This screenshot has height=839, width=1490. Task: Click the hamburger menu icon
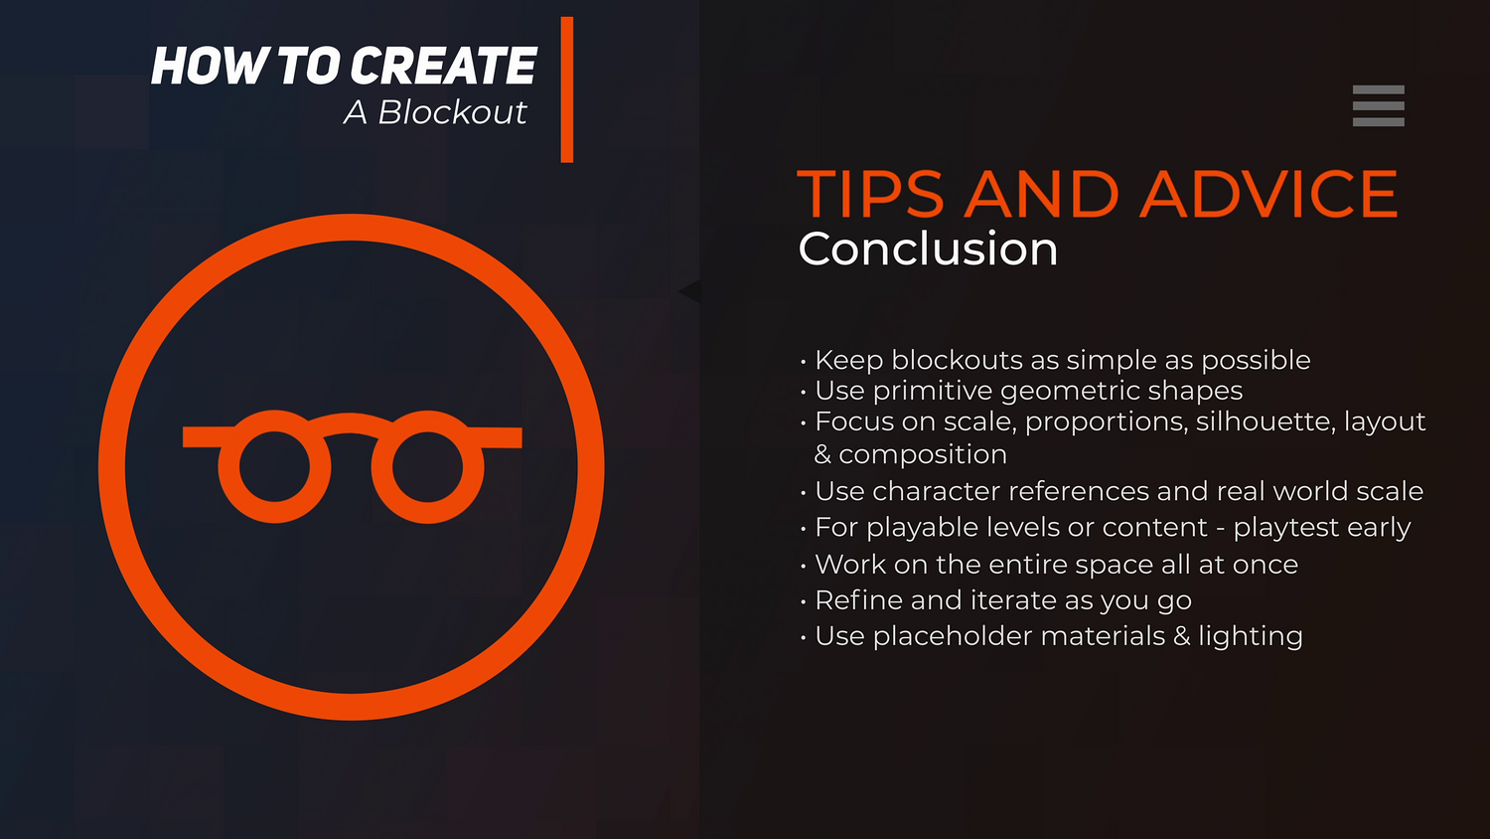(1379, 106)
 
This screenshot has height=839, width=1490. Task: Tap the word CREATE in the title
(443, 66)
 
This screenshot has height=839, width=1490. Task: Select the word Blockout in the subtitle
(452, 112)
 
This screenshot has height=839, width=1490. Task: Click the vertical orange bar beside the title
(567, 89)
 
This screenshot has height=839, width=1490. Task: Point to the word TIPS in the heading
(870, 194)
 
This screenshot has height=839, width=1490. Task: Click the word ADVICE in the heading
(1268, 194)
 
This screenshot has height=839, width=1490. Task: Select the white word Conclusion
(928, 250)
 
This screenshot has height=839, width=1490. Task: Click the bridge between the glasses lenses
(351, 422)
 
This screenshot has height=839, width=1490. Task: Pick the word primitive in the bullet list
(933, 392)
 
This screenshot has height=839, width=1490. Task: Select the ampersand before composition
(822, 454)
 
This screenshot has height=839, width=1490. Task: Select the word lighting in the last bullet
(1251, 637)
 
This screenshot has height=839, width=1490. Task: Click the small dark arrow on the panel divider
(689, 291)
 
